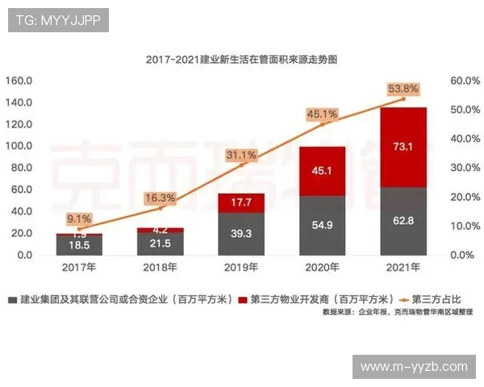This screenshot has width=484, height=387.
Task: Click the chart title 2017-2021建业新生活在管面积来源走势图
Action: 241,60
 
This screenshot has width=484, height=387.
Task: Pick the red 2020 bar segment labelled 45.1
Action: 323,170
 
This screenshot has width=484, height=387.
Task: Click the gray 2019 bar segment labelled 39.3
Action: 241,234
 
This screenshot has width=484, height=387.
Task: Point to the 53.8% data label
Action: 403,89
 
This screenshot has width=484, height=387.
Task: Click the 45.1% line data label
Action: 323,114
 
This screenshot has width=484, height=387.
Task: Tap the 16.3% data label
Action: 160,198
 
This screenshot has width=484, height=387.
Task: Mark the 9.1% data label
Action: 79,218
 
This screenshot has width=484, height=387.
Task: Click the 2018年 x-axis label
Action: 160,266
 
